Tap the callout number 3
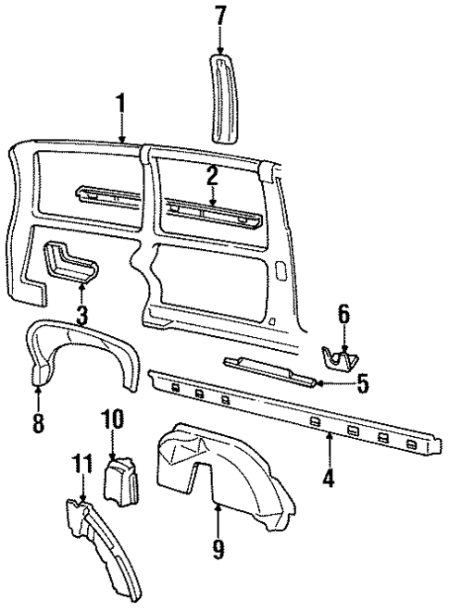click(x=81, y=314)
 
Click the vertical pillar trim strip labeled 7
click(x=220, y=97)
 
